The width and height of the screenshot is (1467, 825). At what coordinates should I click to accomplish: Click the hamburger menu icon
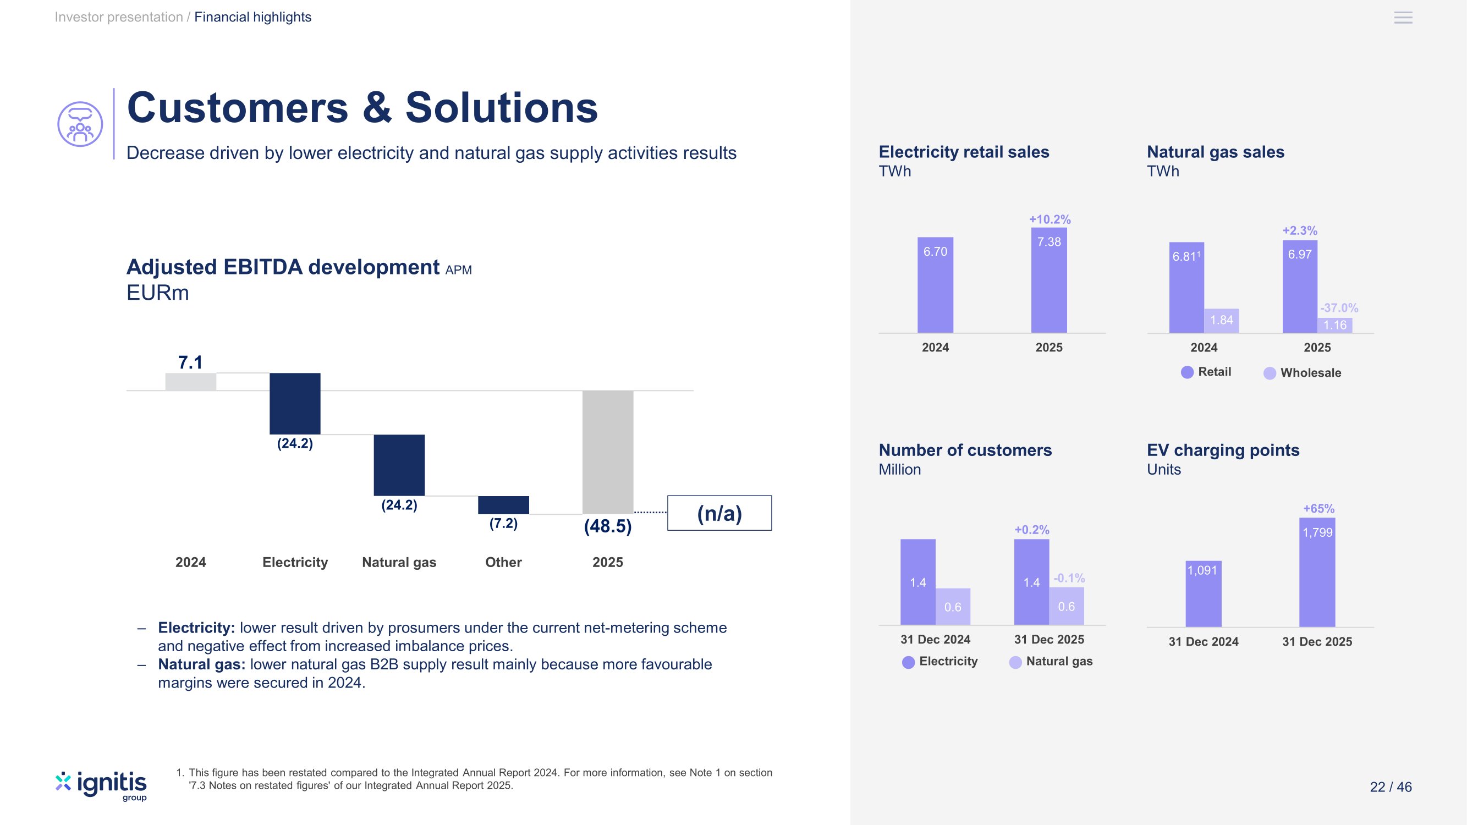[x=1403, y=18]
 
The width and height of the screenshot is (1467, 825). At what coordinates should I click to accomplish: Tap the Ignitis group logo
[x=101, y=786]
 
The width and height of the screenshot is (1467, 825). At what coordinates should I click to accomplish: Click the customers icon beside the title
[x=80, y=124]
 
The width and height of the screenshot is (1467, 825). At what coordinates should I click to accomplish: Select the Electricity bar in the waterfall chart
[x=295, y=403]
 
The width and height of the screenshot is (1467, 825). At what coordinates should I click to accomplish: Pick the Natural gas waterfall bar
[x=399, y=465]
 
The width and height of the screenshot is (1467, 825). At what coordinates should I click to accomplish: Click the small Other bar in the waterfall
[x=503, y=504]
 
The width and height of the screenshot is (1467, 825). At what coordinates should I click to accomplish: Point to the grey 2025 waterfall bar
[x=608, y=452]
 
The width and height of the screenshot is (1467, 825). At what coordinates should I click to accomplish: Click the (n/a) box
[x=719, y=513]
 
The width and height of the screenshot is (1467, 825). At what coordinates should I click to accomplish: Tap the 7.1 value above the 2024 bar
[x=190, y=362]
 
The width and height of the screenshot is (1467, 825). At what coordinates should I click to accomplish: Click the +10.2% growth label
[x=1050, y=219]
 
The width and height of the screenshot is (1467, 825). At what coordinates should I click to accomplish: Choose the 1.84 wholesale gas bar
[x=1222, y=321]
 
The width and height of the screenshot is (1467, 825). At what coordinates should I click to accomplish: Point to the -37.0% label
[x=1339, y=308]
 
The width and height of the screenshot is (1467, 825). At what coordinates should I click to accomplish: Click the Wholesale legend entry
[x=1303, y=373]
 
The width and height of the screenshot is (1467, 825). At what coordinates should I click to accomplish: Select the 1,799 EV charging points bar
[x=1317, y=572]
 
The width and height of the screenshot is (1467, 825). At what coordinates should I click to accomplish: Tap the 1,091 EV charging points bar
[x=1204, y=594]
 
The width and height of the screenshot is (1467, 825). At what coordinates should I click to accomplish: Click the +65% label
[x=1318, y=508]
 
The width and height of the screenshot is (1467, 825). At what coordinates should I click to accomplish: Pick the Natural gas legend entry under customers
[x=1051, y=662]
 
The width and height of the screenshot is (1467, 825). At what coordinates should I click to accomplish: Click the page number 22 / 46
[x=1391, y=787]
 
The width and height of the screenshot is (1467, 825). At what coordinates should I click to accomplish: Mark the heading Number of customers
[x=965, y=450]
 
